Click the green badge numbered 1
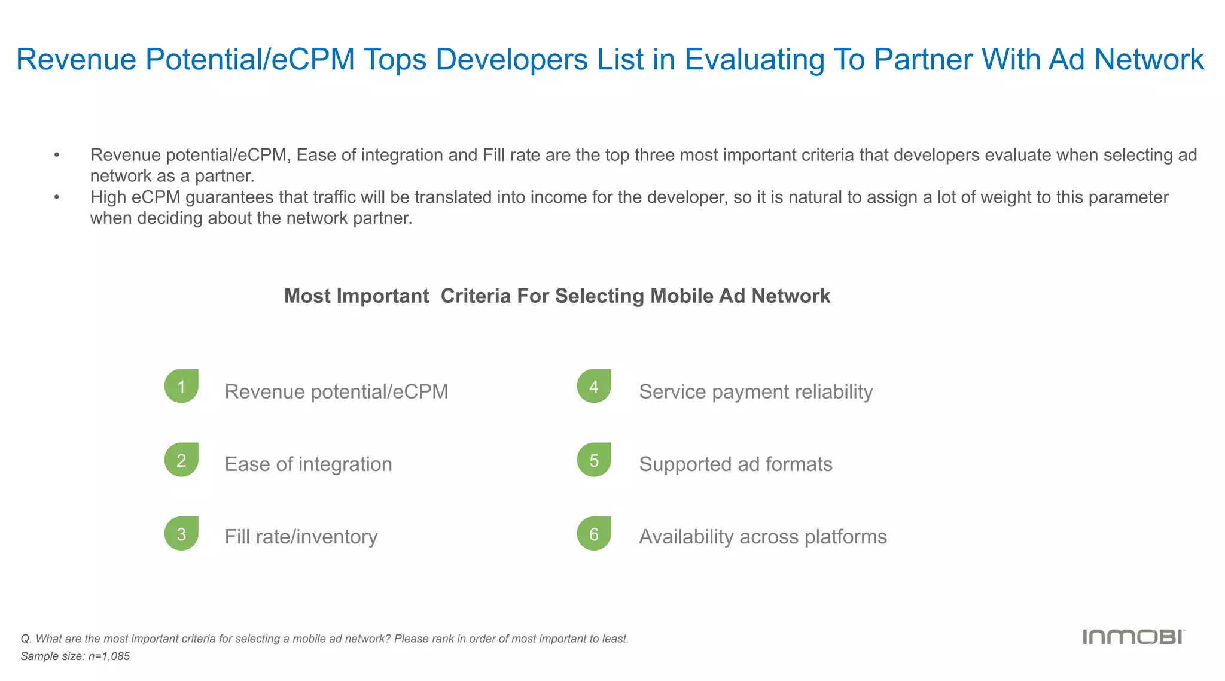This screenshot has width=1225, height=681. click(x=181, y=386)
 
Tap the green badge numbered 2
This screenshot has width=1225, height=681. click(x=181, y=460)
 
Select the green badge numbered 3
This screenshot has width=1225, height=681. click(x=181, y=533)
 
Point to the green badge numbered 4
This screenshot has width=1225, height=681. click(x=594, y=386)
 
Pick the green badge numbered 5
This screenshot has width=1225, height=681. click(x=594, y=460)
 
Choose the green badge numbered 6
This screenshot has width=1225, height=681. click(x=594, y=533)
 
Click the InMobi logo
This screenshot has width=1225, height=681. click(x=1133, y=637)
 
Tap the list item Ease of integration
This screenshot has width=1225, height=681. click(x=308, y=464)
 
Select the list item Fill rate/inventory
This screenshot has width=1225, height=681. click(x=301, y=537)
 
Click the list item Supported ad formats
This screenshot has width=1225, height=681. click(x=735, y=464)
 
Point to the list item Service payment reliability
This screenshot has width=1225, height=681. click(x=755, y=391)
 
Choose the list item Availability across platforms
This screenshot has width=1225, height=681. click(x=763, y=537)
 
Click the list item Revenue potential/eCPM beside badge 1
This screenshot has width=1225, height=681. click(x=336, y=391)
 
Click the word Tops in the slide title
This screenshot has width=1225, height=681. click(x=395, y=60)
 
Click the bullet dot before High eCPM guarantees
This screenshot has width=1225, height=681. click(x=57, y=197)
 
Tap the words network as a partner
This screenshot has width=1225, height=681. click(x=172, y=176)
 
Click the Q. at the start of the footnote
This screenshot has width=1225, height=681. click(x=26, y=639)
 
